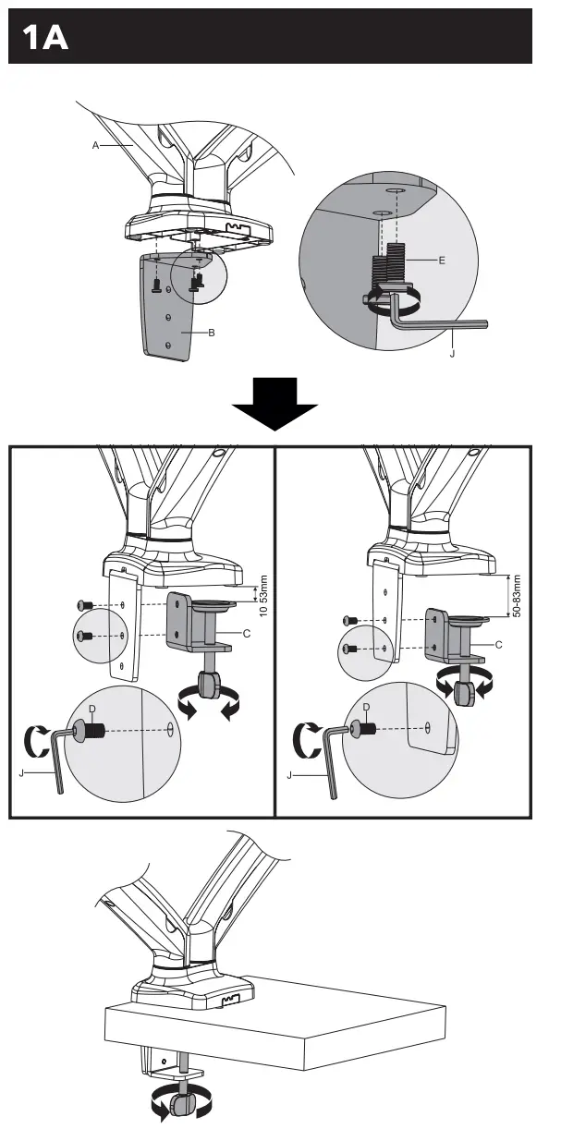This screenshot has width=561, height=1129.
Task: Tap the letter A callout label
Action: click(x=95, y=144)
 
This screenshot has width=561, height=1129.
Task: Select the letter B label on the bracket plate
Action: click(x=211, y=333)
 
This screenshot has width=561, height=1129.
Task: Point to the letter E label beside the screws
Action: click(x=442, y=261)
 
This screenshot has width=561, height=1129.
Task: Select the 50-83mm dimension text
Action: click(x=517, y=597)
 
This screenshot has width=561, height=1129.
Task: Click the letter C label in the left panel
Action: click(x=246, y=633)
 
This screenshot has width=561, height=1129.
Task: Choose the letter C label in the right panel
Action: click(x=498, y=644)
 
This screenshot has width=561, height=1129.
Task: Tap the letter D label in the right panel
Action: click(x=367, y=708)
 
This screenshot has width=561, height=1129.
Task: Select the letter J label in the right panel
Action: click(x=289, y=774)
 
